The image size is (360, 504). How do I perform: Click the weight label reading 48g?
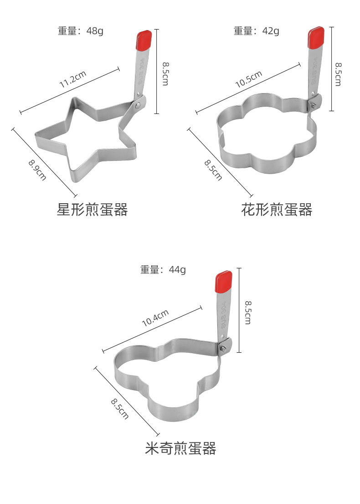tap(80, 31)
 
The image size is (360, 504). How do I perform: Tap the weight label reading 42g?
tap(257, 31)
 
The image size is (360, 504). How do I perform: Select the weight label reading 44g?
tap(163, 269)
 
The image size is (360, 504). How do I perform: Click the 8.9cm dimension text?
tap(37, 169)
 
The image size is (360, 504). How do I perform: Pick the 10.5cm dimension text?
tap(249, 79)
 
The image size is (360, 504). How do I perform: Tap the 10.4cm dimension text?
tap(155, 318)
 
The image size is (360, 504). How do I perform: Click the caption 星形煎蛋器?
tap(92, 210)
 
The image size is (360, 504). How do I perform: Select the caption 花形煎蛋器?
tap(277, 210)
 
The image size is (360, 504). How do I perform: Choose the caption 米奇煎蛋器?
tap(180, 448)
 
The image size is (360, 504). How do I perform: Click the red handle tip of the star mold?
tap(144, 40)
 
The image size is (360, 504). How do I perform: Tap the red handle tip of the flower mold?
tap(316, 37)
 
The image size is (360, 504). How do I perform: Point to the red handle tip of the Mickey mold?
tap(223, 282)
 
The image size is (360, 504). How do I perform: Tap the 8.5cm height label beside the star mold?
tap(165, 73)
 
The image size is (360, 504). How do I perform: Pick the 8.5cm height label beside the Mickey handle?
tap(247, 312)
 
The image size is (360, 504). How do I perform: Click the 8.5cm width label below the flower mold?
tap(213, 169)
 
